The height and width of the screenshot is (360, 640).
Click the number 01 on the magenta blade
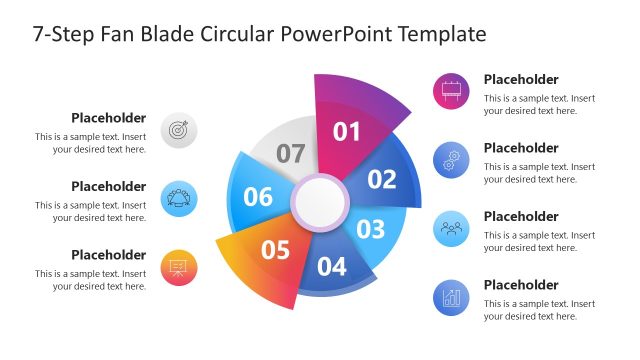click(345, 131)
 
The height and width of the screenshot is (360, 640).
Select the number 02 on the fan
click(382, 180)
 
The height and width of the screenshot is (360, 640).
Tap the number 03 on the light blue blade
click(370, 229)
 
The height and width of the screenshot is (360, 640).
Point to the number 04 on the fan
click(331, 267)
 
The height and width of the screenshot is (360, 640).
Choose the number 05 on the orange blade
click(275, 249)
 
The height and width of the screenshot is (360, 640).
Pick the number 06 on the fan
click(258, 197)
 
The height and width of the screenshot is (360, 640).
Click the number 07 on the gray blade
click(290, 154)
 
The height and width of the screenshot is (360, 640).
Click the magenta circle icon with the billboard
click(450, 92)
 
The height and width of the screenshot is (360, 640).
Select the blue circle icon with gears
click(450, 160)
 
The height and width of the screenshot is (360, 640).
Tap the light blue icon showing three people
click(450, 228)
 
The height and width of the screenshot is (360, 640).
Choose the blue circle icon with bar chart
click(450, 297)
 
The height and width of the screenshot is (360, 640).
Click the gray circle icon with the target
click(179, 130)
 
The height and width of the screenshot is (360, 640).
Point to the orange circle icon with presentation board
click(179, 267)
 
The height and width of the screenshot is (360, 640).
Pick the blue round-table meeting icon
click(179, 198)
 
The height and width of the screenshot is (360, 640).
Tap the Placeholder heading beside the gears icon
click(521, 148)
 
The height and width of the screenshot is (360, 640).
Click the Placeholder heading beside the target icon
click(108, 118)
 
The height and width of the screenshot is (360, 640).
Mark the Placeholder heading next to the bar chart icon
click(521, 285)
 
